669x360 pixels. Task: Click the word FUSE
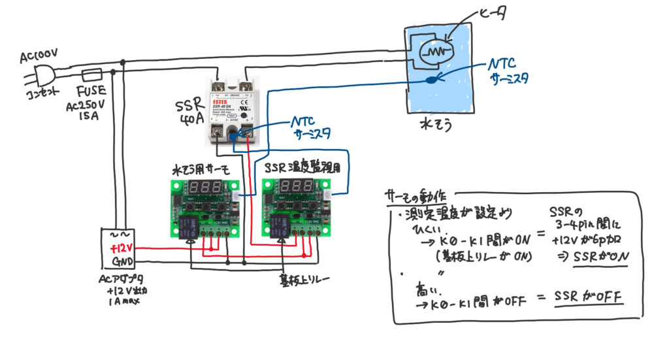point(90,93)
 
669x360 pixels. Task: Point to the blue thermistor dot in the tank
point(431,80)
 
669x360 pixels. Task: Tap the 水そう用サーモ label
point(199,169)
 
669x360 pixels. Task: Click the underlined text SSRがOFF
point(587,297)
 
